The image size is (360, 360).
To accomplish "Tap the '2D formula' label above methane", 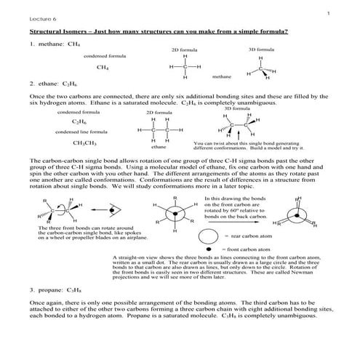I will click(184, 49).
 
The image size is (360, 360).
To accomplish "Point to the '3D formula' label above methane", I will click(260, 49).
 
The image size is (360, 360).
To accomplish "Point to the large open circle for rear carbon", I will click(209, 236).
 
